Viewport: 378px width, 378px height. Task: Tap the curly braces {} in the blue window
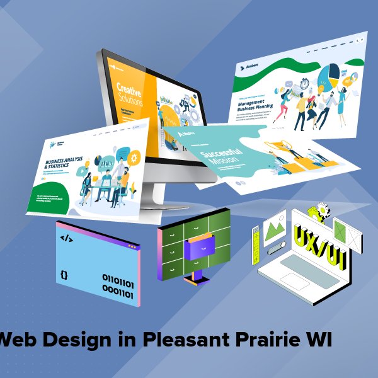coord(64,275)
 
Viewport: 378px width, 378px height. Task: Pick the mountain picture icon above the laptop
coord(274,227)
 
